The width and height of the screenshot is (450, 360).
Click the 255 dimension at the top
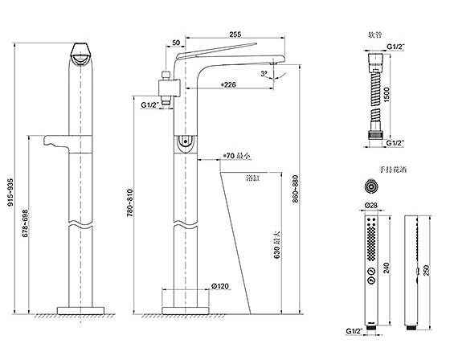(235, 35)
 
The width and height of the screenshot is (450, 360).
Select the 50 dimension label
(176, 43)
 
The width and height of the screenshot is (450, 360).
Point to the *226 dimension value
(228, 84)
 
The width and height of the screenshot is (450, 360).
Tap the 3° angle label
(264, 74)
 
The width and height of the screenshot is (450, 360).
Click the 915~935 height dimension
(10, 192)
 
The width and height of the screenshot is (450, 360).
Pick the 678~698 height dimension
(25, 223)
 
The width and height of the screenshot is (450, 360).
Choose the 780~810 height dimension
(130, 202)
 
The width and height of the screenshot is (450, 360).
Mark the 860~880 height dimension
(296, 189)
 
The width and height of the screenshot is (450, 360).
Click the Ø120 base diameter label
(220, 286)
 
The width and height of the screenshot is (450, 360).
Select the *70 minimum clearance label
(237, 156)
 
